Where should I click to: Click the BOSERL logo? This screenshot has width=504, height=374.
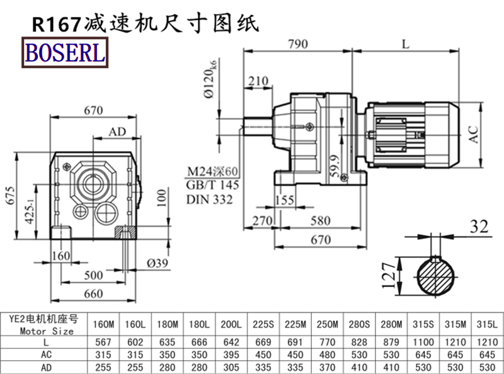click(x=65, y=52)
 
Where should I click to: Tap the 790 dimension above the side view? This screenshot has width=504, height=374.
click(x=298, y=43)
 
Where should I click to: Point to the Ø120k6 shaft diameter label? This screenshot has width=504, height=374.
click(x=210, y=79)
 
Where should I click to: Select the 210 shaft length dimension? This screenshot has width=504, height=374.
click(x=258, y=81)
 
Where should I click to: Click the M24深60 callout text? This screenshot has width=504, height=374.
click(x=212, y=171)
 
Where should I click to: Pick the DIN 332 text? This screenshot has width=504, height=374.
click(x=209, y=200)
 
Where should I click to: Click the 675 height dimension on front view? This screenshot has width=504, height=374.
click(x=11, y=195)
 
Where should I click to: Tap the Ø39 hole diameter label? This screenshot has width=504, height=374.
click(x=157, y=263)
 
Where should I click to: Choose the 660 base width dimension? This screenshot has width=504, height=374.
click(x=93, y=293)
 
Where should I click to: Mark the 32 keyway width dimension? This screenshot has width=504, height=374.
click(x=479, y=226)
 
